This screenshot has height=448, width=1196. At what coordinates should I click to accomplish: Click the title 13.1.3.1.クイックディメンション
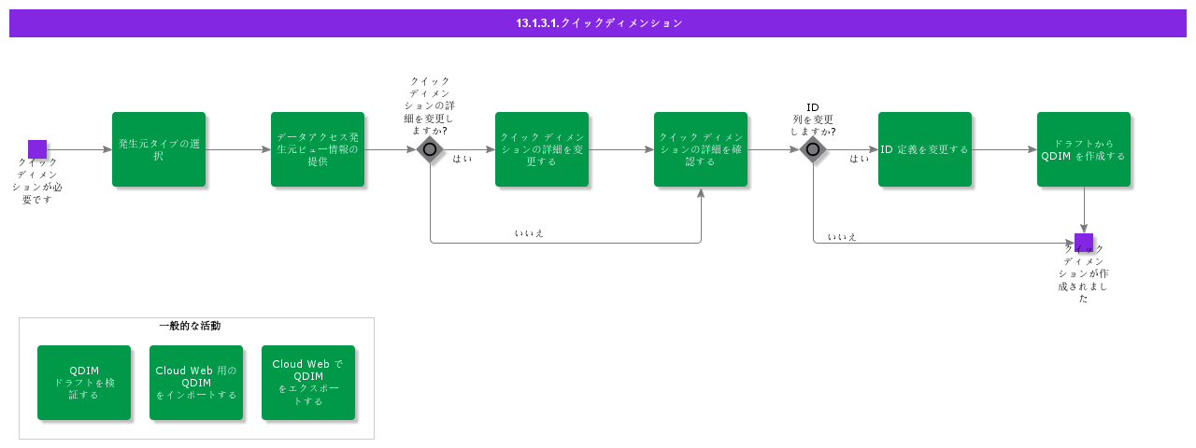pyautogui.click(x=599, y=23)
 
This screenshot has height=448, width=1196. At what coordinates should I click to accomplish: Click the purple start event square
pyautogui.click(x=37, y=149)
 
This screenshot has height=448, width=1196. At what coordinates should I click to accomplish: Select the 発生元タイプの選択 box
pyautogui.click(x=159, y=149)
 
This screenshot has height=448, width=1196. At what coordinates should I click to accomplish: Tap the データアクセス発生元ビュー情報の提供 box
pyautogui.click(x=318, y=149)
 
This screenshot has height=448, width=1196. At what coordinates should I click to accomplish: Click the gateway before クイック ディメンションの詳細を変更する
pyautogui.click(x=430, y=149)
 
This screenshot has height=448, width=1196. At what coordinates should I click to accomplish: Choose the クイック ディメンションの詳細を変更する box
pyautogui.click(x=542, y=149)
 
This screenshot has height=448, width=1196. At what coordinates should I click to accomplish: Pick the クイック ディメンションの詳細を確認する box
pyautogui.click(x=701, y=149)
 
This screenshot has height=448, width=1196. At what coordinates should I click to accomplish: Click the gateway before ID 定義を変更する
pyautogui.click(x=813, y=149)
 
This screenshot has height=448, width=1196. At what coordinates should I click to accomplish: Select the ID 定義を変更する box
pyautogui.click(x=925, y=149)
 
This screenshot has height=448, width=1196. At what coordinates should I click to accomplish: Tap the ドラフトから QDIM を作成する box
pyautogui.click(x=1084, y=149)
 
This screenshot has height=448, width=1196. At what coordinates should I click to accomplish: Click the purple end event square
pyautogui.click(x=1084, y=243)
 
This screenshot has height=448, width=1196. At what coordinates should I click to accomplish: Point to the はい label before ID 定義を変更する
pyautogui.click(x=859, y=159)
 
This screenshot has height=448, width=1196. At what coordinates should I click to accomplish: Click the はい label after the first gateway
pyautogui.click(x=462, y=159)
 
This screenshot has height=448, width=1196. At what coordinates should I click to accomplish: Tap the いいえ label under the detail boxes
pyautogui.click(x=529, y=233)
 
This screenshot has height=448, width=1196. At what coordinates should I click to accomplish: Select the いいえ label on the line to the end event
pyautogui.click(x=842, y=237)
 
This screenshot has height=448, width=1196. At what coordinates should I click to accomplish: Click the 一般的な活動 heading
pyautogui.click(x=190, y=326)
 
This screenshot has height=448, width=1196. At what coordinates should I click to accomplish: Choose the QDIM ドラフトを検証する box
pyautogui.click(x=84, y=383)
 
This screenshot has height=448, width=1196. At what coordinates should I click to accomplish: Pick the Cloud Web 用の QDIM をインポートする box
pyautogui.click(x=196, y=383)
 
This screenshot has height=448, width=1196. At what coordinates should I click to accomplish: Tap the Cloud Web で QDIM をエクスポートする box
pyautogui.click(x=308, y=383)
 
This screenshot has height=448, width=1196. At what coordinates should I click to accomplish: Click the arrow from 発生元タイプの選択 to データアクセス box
pyautogui.click(x=238, y=149)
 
